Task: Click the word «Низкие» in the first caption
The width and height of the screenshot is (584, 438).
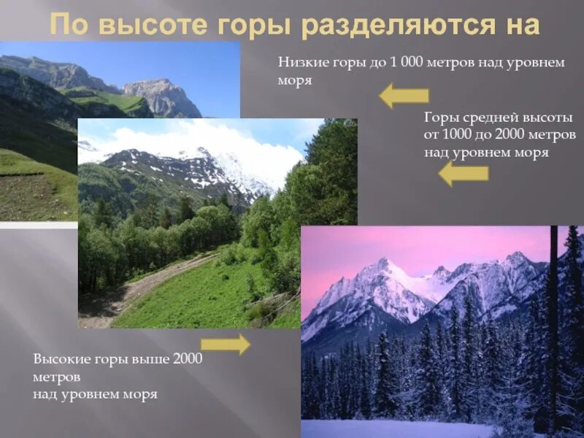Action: point(299,64)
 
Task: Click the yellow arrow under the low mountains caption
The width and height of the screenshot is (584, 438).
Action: point(404,96)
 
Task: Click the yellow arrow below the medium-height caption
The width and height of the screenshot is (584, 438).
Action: point(463,173)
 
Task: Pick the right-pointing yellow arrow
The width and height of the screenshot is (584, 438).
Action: point(225,344)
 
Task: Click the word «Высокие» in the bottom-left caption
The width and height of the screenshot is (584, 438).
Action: point(59,360)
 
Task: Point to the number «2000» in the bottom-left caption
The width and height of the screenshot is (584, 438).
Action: point(188,360)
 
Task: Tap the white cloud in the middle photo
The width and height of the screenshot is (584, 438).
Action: point(219,139)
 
